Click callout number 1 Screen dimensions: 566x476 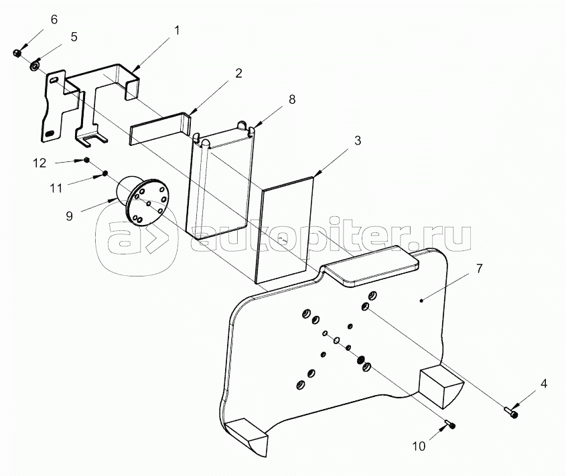[x=177, y=31]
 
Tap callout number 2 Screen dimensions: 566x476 [x=238, y=73]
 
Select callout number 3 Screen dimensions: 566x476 [x=358, y=141]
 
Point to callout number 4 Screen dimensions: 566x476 [x=544, y=384]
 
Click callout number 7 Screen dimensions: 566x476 [x=479, y=268]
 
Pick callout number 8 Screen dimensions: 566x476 [x=292, y=99]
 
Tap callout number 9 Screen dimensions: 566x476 [x=69, y=216]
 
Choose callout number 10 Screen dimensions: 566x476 [x=419, y=447]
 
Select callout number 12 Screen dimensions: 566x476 [x=40, y=163]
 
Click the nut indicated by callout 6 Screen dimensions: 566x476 [x=16, y=54]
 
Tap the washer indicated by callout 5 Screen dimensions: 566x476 [x=35, y=66]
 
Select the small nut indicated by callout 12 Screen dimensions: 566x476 [x=86, y=160]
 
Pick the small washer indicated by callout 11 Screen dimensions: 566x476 [x=105, y=173]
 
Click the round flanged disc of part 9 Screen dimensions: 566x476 [x=149, y=202]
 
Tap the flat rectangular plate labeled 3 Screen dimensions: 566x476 [x=284, y=230]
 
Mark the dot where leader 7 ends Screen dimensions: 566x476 [x=421, y=299]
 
